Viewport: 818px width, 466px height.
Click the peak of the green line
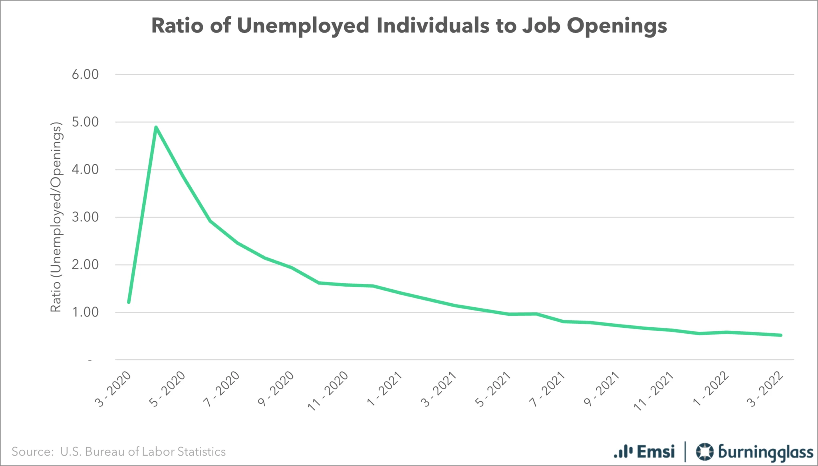point(156,127)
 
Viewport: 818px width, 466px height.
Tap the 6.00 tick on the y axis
point(85,74)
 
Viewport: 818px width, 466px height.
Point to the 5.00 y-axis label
point(85,122)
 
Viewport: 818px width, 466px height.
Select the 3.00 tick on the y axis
point(85,217)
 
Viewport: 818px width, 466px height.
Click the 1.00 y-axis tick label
point(85,312)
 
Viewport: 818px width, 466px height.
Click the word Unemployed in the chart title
point(303,26)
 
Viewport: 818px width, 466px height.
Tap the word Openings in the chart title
point(617,26)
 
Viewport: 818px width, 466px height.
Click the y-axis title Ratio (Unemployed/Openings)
point(56,217)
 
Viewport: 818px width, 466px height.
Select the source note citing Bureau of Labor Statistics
point(119,452)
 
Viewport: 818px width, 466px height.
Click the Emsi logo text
point(655,452)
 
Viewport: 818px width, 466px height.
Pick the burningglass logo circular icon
point(704,452)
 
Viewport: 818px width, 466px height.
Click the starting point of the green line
point(129,302)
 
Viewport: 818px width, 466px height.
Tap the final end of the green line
point(780,335)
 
